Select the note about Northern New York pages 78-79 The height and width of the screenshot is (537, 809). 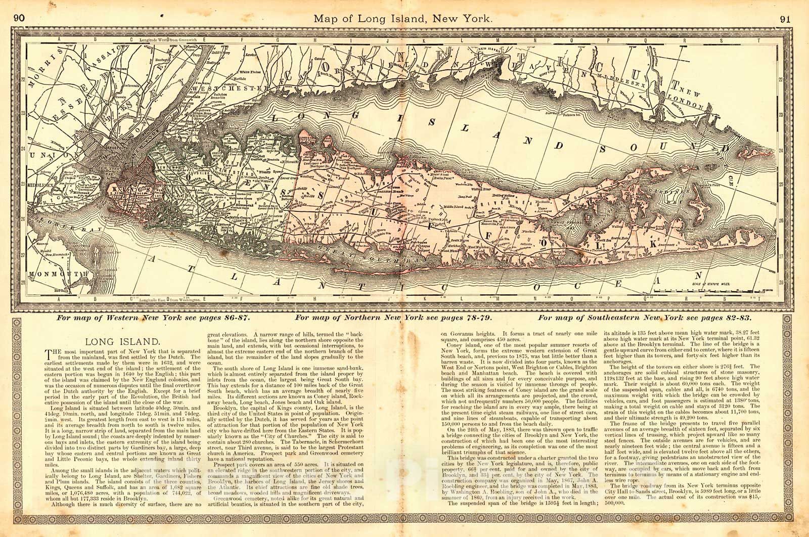click(394, 319)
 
